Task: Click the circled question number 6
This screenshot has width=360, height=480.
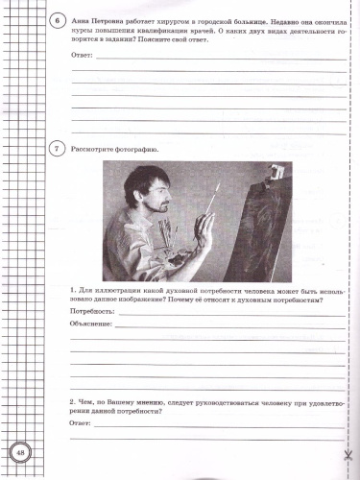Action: [58, 18]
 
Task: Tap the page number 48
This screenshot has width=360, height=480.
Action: [19, 452]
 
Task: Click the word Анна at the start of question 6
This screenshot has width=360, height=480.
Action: [84, 19]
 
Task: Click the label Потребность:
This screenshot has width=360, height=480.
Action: [94, 311]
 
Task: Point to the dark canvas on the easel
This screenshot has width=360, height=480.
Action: [259, 230]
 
